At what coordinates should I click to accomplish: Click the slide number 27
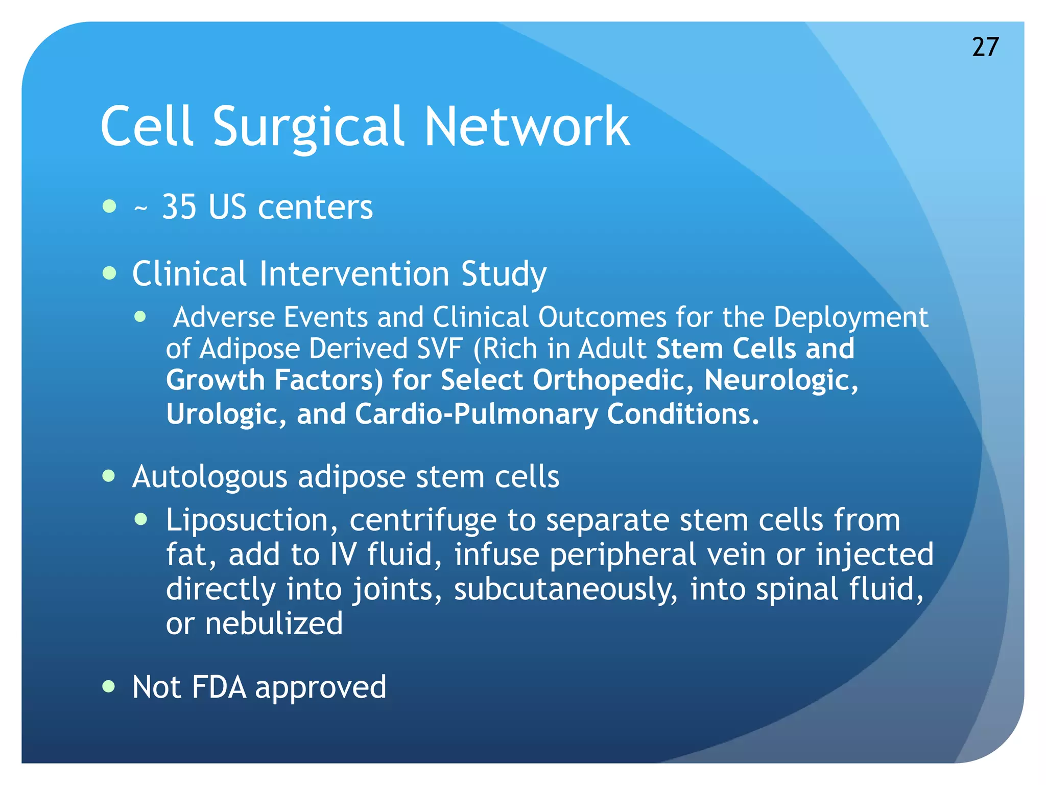pos(985,47)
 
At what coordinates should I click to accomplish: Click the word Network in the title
pos(527,127)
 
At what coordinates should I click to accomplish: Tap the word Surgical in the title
pos(308,127)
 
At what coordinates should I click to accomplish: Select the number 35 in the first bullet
pos(179,207)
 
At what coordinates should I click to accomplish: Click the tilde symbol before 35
pos(140,209)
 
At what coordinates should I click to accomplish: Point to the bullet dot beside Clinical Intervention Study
pos(109,273)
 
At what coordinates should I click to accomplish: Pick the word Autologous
pos(209,477)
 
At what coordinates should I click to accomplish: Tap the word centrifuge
pos(423,520)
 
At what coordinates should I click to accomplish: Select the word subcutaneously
pos(566,589)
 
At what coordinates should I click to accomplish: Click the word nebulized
pos(274,624)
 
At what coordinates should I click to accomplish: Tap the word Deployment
pos(850,317)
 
